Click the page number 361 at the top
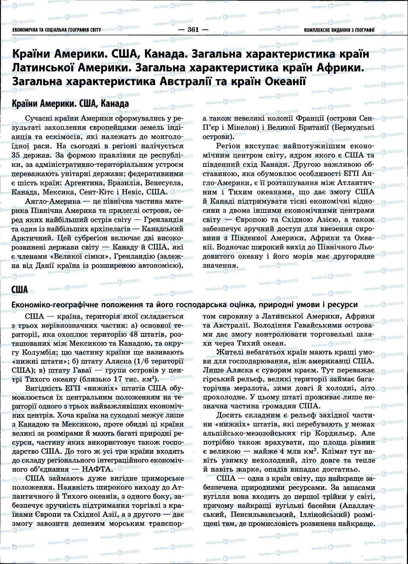point(193,30)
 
